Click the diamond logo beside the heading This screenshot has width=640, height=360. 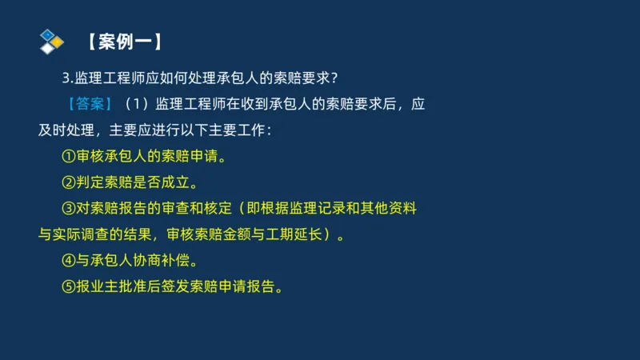coord(51,41)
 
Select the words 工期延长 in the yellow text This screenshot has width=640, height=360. coord(298,234)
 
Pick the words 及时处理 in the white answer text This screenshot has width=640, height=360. coord(69,130)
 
